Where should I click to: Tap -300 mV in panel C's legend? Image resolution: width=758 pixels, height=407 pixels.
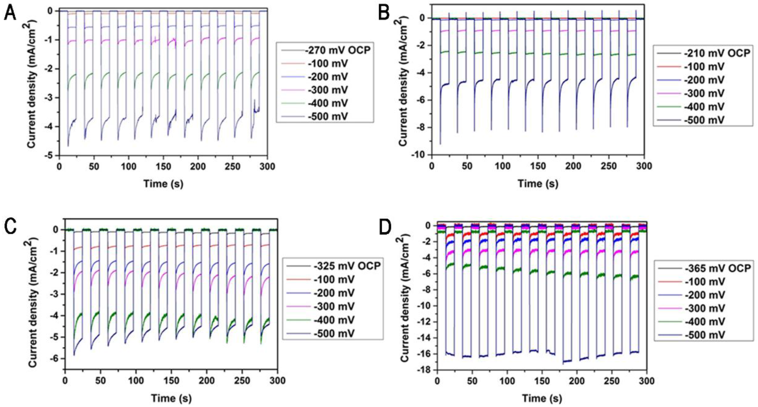tap(334, 306)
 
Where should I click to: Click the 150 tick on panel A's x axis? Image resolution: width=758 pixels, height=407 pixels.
tap(163, 167)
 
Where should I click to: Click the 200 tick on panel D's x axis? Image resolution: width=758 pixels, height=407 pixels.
tap(577, 381)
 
